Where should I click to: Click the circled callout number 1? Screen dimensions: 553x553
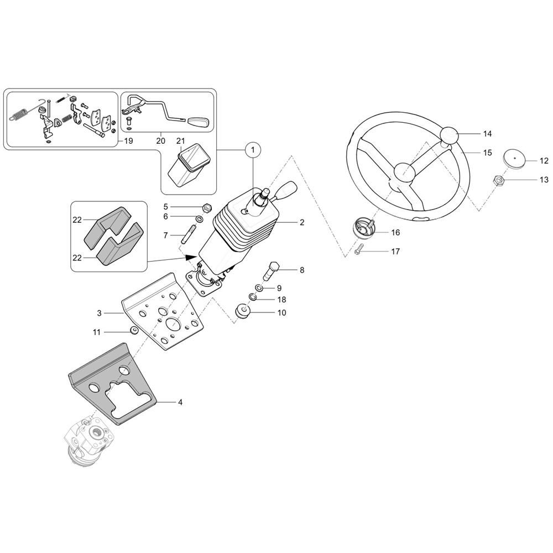pos(253,149)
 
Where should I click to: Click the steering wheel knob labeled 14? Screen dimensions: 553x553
pos(451,135)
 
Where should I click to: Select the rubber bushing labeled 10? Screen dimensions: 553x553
pos(242,312)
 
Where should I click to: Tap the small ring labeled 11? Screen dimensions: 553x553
pos(133,331)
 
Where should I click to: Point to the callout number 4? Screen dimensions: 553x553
pos(180,403)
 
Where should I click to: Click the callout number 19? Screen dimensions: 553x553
pos(128,141)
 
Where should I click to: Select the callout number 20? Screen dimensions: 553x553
pos(161,141)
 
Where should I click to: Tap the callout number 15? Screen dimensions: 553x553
pos(487,153)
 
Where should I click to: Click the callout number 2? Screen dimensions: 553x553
pos(302,222)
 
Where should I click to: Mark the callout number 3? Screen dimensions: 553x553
pos(100,313)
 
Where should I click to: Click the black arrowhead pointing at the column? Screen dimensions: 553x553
pos(191,257)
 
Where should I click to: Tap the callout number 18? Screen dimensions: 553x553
pos(281,300)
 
